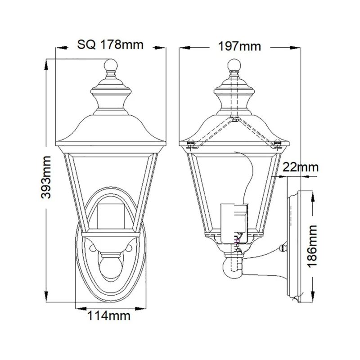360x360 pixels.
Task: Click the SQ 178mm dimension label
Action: point(110,45)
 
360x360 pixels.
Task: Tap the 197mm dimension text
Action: point(239,45)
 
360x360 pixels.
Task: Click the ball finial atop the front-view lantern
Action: point(110,67)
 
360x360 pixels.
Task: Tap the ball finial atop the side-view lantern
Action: point(233,65)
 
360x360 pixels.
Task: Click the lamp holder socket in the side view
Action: point(234,220)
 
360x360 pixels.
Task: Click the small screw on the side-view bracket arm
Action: point(282,247)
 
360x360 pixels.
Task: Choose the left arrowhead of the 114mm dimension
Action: point(78,308)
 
